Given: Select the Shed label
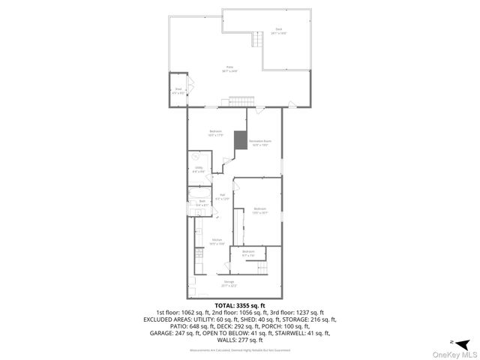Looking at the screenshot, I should [178, 90].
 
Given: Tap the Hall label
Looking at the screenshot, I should [222, 197].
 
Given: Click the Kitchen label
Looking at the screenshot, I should [216, 241].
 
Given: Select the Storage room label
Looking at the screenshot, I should [229, 283].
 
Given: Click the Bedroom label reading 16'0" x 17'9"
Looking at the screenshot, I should [216, 133].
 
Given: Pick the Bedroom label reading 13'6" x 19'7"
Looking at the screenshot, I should [259, 210].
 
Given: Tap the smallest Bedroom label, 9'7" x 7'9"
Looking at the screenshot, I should [248, 253].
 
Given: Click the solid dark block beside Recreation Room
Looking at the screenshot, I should [241, 140].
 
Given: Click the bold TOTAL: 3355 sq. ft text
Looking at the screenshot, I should [239, 305].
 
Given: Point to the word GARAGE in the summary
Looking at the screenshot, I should [163, 332].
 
